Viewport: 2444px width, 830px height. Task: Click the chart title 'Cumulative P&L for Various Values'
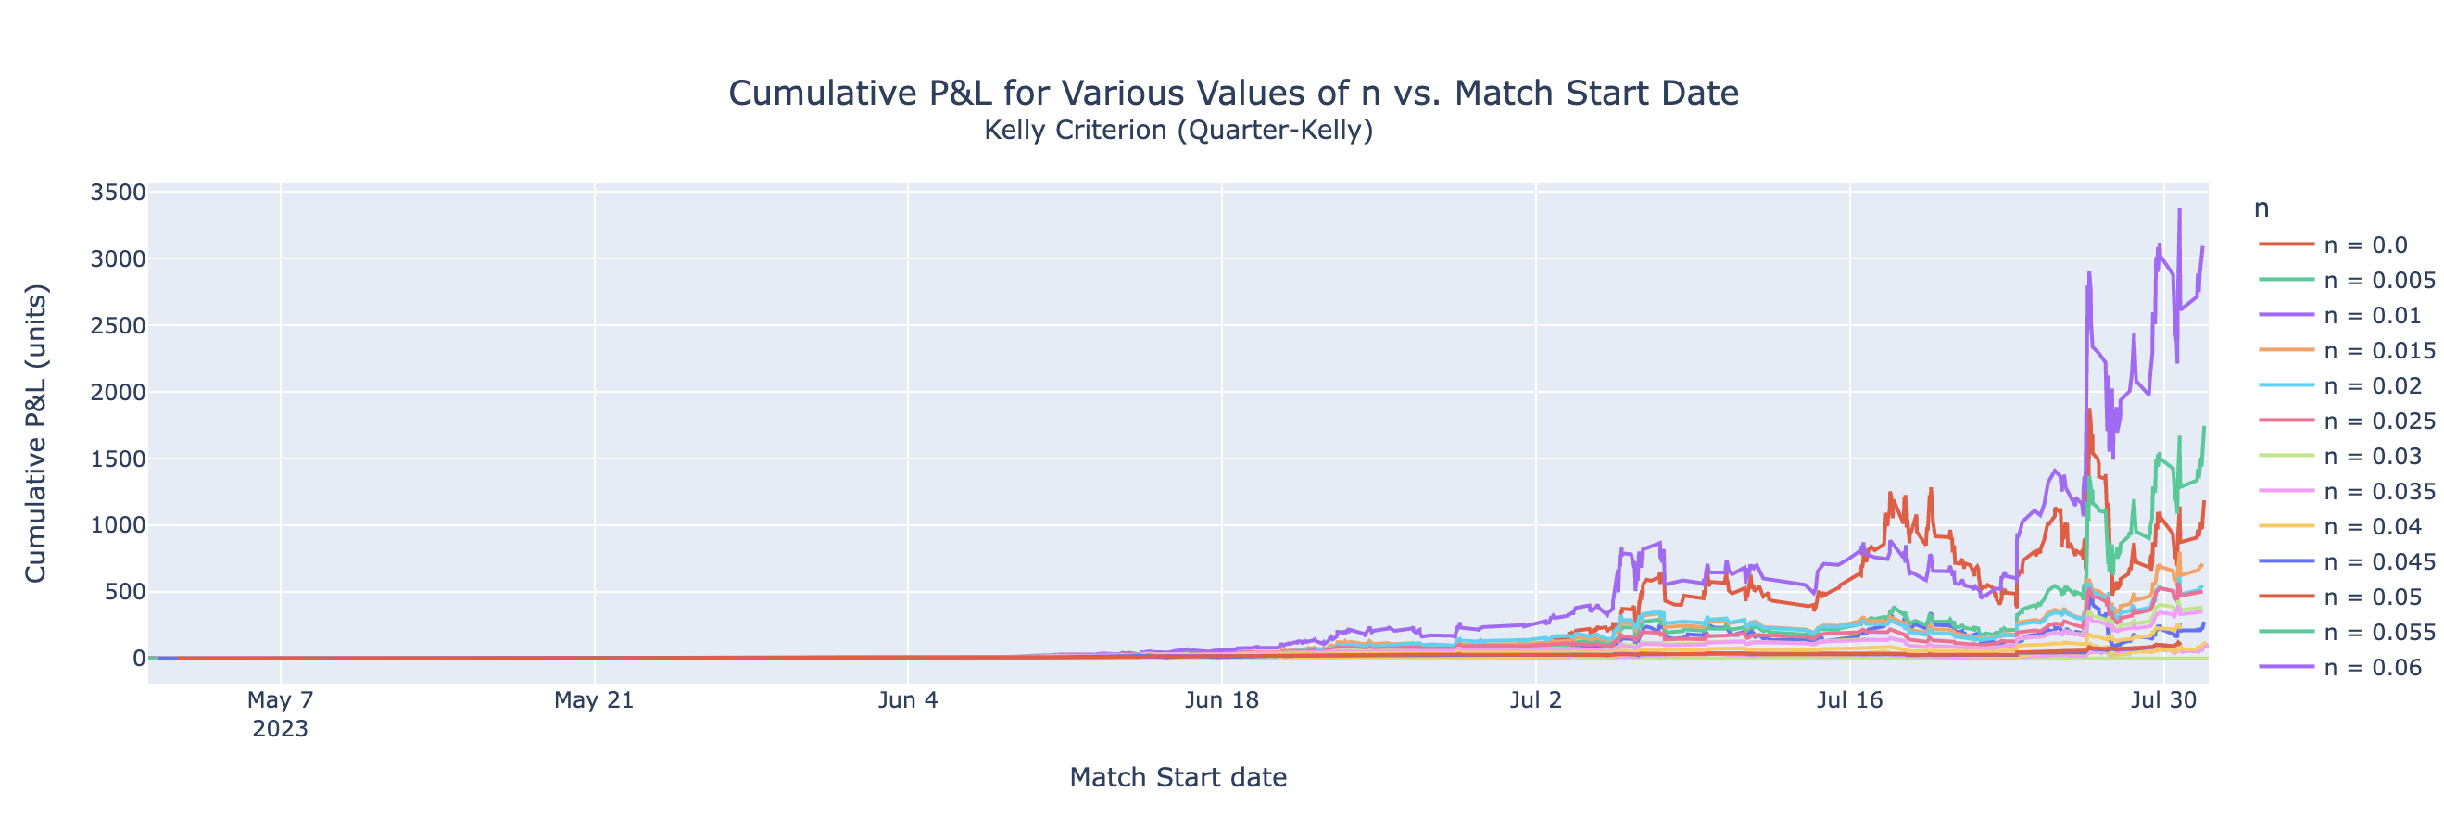tap(1232, 93)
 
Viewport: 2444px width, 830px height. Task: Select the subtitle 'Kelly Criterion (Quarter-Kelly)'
tap(1178, 130)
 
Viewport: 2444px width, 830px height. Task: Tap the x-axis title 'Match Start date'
tap(1178, 777)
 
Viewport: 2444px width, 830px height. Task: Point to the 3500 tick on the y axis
tap(118, 193)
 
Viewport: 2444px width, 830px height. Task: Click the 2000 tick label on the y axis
tap(118, 393)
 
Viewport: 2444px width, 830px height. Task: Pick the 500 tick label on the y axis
tap(125, 592)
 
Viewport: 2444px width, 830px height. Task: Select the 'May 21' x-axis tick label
tap(594, 700)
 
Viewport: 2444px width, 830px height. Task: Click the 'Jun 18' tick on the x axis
tap(1222, 700)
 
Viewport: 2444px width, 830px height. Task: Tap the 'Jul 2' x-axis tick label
tap(1535, 700)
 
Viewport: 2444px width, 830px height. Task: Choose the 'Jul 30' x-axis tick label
tap(2163, 700)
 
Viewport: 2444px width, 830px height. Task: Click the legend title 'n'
tap(2261, 208)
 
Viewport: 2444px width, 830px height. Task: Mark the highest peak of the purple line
tap(2179, 210)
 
